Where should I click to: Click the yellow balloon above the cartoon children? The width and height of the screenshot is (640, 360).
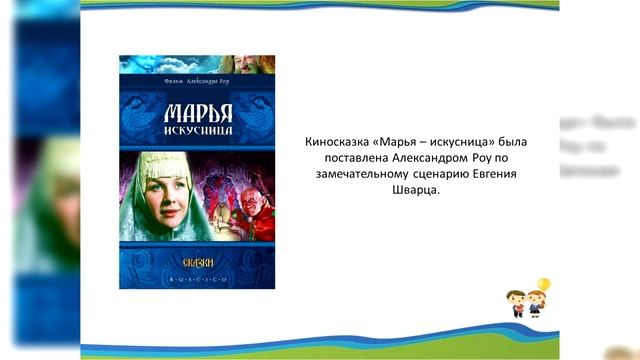click(544, 285)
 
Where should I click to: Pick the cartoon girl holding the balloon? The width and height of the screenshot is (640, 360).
click(536, 306)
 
